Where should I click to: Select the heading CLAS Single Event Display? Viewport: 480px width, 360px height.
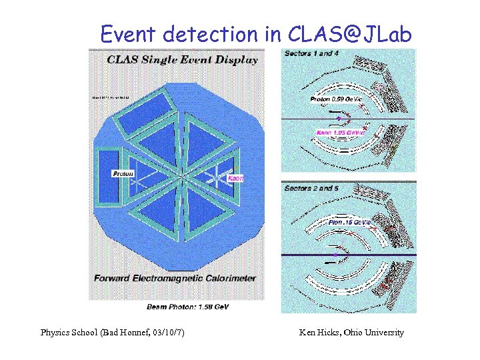182,60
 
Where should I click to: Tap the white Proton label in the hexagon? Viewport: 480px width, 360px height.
123,173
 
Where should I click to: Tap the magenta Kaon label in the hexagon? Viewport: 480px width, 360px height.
235,179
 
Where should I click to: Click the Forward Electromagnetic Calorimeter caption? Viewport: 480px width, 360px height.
175,278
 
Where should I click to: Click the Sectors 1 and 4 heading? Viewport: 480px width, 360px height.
309,53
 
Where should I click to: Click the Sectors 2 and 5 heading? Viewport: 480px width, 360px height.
311,189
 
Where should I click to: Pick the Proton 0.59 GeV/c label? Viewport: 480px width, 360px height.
336,99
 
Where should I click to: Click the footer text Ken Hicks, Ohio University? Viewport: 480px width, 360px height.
352,332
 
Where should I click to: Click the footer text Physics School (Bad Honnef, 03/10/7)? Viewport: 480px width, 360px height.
113,332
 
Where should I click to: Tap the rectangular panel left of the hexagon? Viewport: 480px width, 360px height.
109,175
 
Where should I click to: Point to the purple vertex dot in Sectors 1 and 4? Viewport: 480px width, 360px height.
338,119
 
